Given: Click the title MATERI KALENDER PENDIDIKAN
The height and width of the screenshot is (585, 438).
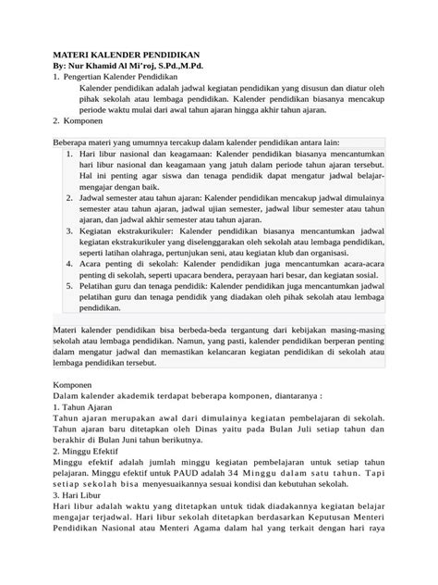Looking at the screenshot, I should [x=128, y=56].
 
